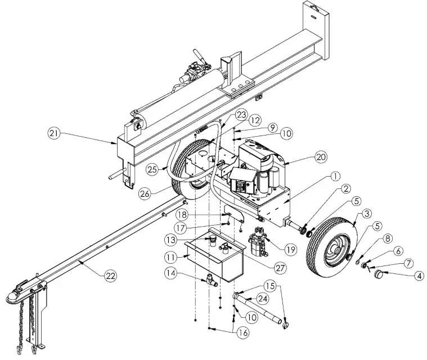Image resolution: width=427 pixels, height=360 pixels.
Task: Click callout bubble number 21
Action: pyautogui.click(x=53, y=134)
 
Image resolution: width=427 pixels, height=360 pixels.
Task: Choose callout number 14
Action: pyautogui.click(x=172, y=273)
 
